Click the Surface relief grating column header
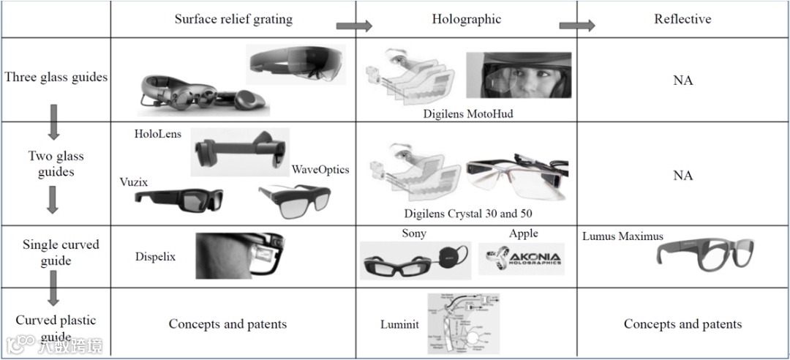pos(233,19)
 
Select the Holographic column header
pos(466,19)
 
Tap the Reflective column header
pos(682,19)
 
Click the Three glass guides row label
pos(56,77)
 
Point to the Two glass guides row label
pos(56,164)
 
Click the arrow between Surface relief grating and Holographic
pos(354,26)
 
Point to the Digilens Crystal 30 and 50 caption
pos(468,214)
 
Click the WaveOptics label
pos(320,170)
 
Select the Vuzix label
pos(134,182)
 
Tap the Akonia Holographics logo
pos(522,259)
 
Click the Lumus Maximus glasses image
pos(704,252)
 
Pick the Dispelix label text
pos(155,257)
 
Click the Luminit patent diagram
pos(463,323)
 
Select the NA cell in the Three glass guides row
pos(682,80)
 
